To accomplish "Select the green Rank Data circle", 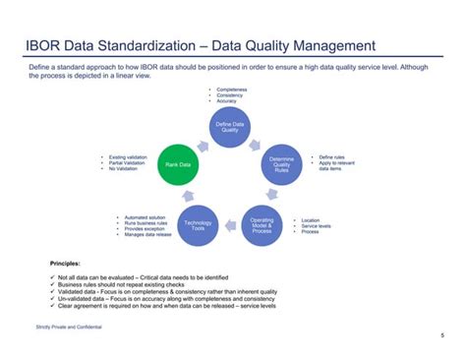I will point(177,164).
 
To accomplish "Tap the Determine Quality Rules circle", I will point(281,164).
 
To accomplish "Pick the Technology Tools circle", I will point(198,225).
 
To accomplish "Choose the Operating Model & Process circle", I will point(262,225).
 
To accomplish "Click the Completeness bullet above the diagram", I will point(232,89).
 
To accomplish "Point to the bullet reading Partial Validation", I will point(124,163).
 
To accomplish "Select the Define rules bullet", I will point(330,156).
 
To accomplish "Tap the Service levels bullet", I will point(317,226).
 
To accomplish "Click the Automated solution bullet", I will point(144,216).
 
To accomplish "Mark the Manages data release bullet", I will point(148,235).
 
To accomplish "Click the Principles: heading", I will point(66,264).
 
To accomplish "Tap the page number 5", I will point(441,335).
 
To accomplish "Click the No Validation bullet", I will point(122,169).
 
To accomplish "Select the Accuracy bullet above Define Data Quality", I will point(228,101).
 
